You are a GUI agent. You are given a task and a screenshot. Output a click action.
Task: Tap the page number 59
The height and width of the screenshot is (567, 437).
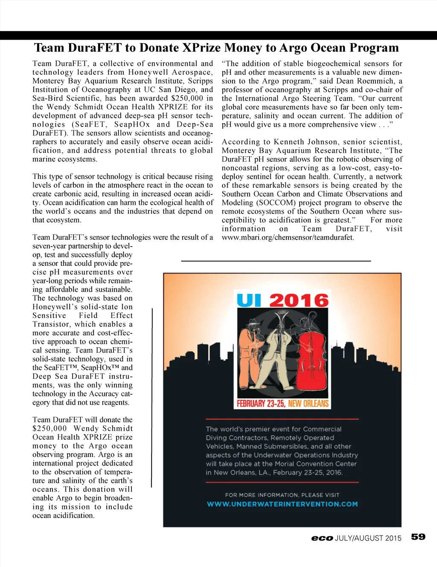click(418, 537)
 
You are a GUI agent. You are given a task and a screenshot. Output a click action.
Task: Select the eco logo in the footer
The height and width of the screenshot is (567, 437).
click(322, 538)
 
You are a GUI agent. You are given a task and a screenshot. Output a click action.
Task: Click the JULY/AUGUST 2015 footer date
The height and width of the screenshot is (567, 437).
click(368, 538)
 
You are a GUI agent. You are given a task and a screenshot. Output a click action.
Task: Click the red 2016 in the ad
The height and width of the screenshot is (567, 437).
click(299, 300)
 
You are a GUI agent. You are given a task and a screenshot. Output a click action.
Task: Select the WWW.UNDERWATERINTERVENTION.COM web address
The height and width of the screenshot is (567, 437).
click(282, 504)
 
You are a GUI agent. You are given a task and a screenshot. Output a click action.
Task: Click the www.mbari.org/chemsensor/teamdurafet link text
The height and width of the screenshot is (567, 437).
click(288, 238)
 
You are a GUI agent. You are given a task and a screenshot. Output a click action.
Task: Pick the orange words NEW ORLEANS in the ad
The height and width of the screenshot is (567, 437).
click(309, 403)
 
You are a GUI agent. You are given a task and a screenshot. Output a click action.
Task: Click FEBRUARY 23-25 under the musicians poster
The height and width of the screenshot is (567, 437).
click(261, 403)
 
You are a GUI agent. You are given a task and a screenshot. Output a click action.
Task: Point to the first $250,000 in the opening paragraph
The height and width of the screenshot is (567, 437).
click(187, 98)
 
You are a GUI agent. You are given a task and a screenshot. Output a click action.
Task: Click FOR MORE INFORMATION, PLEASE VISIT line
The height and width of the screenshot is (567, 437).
click(282, 495)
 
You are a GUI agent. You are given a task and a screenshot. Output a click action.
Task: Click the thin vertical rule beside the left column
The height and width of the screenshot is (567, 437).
click(152, 397)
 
